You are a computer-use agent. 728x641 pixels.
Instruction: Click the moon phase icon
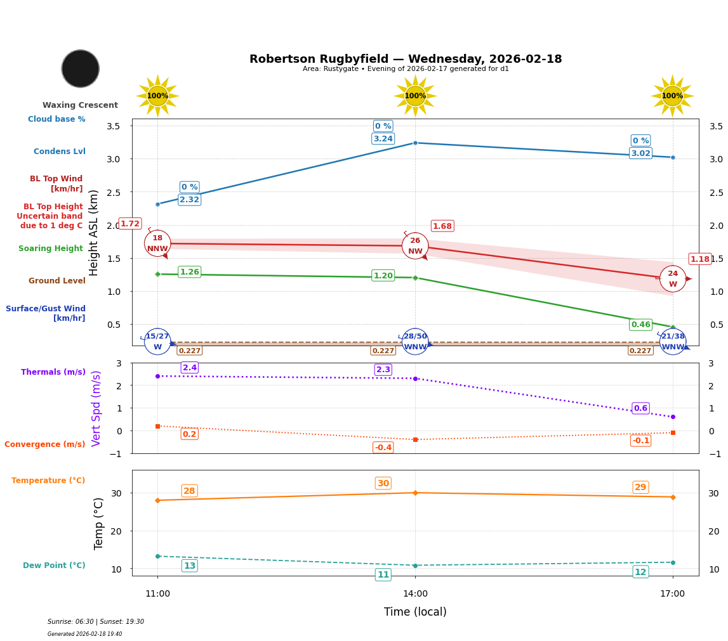coord(81,68)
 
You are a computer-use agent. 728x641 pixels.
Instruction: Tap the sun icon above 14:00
coord(415,96)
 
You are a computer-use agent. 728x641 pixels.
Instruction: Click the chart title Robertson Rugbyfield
coord(406,59)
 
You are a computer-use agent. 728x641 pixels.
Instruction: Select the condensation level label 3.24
coord(383,139)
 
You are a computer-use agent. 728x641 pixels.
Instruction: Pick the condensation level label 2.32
coord(189,200)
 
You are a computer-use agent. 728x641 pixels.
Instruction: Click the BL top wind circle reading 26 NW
coord(415,246)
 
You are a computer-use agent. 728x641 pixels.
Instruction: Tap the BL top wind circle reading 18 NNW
coord(157,243)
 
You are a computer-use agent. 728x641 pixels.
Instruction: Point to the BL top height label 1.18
coord(700,259)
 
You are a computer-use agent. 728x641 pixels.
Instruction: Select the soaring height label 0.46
coord(640,325)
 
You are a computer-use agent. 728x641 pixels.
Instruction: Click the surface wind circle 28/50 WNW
coord(415,342)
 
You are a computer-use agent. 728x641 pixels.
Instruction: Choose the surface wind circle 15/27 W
coord(157,342)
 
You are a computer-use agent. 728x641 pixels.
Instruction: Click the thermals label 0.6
coord(640,408)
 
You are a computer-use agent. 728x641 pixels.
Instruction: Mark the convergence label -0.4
coord(383,448)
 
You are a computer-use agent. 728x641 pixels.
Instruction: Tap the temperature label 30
coord(383,483)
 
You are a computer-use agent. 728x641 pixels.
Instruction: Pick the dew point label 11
coord(383,575)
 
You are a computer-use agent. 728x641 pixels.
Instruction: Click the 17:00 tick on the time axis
coord(672,594)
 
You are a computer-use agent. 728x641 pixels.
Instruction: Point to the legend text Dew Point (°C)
coord(54,566)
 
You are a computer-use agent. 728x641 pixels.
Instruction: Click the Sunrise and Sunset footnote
coord(96,622)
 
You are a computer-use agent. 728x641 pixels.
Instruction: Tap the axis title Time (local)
coord(415,612)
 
